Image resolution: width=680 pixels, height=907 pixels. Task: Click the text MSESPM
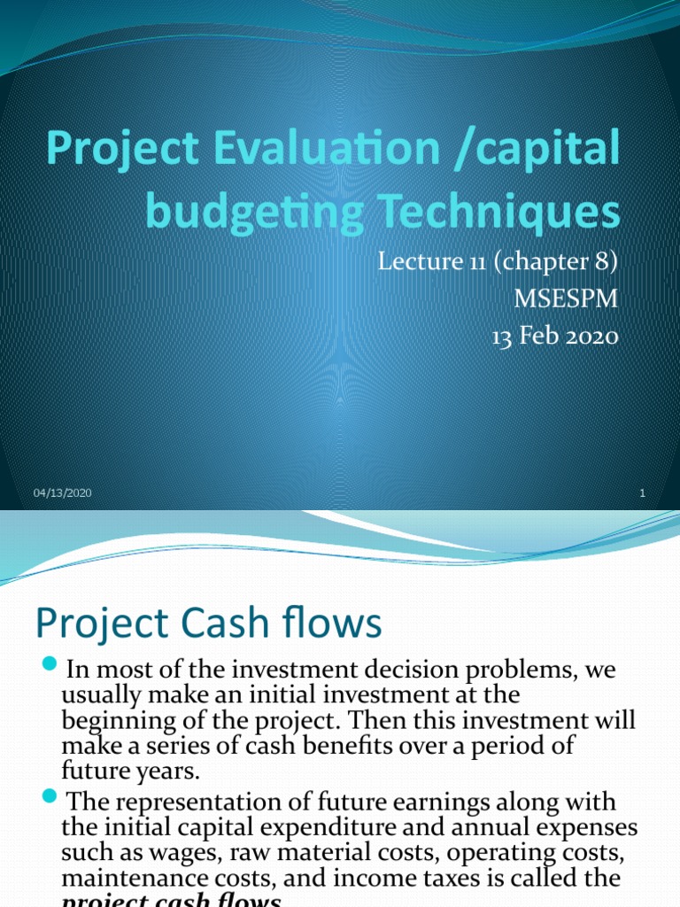[566, 298]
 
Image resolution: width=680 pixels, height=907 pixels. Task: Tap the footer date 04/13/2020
[63, 493]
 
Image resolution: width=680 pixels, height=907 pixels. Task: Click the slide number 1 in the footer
[641, 493]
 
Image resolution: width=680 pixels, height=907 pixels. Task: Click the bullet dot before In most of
[49, 665]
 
